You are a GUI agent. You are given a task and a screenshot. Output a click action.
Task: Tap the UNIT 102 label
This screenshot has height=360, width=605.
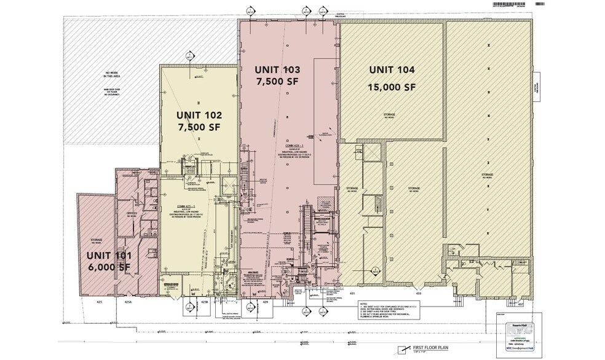(199, 115)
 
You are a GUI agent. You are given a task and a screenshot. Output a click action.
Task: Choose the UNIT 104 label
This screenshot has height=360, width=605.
(392, 70)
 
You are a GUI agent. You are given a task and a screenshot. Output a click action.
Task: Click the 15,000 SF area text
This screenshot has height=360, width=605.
(392, 87)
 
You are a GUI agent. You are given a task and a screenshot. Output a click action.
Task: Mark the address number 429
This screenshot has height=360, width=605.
(266, 302)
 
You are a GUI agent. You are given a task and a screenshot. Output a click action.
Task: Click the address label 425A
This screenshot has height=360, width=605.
(128, 302)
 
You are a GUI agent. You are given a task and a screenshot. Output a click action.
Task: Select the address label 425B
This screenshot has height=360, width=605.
(204, 302)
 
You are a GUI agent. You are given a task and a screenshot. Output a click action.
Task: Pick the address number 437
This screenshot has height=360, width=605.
(520, 303)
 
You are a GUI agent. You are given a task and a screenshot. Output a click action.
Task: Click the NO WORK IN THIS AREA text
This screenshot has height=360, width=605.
(111, 75)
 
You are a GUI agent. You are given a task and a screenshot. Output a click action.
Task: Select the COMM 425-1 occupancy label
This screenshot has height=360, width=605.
(186, 205)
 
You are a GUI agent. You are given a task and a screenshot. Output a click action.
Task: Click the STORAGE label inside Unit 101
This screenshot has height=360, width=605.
(97, 239)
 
